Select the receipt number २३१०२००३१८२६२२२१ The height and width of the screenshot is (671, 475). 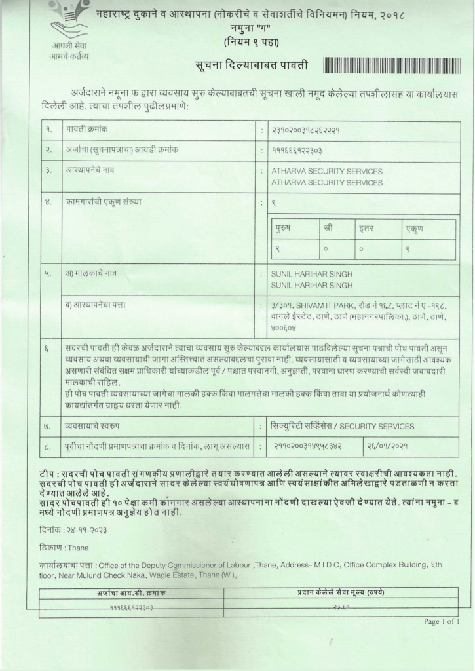click(310, 130)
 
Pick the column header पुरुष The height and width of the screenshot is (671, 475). click(283, 229)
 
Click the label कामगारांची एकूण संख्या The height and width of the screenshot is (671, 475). click(103, 202)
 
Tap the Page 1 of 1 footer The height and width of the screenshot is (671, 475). click(442, 621)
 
